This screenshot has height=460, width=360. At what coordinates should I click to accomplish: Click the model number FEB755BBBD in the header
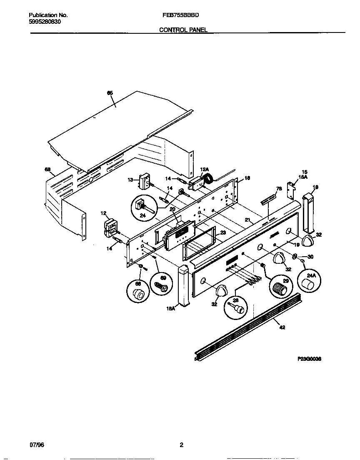180,15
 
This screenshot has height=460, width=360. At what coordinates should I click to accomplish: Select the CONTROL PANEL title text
183,30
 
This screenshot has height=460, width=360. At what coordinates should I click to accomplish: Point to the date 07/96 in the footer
37,445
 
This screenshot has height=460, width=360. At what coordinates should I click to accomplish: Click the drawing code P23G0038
310,358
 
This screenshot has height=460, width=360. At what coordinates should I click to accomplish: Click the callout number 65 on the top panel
110,93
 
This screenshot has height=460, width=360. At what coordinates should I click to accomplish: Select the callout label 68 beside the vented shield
47,169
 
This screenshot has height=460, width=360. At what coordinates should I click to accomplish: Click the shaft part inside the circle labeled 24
140,205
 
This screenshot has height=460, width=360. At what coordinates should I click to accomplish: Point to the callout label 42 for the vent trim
282,327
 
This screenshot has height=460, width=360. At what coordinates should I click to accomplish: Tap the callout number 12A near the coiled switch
204,169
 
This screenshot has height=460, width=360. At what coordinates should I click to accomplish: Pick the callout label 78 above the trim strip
279,189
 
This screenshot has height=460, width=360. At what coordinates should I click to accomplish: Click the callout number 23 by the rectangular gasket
223,233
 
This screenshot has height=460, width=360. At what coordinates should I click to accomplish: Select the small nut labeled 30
295,257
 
